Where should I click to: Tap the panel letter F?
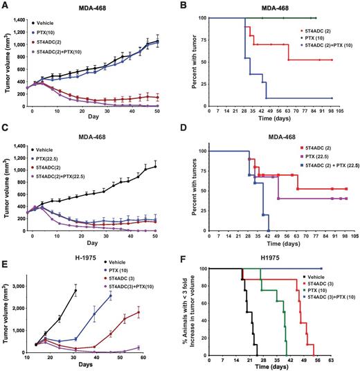[x=192, y=255]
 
